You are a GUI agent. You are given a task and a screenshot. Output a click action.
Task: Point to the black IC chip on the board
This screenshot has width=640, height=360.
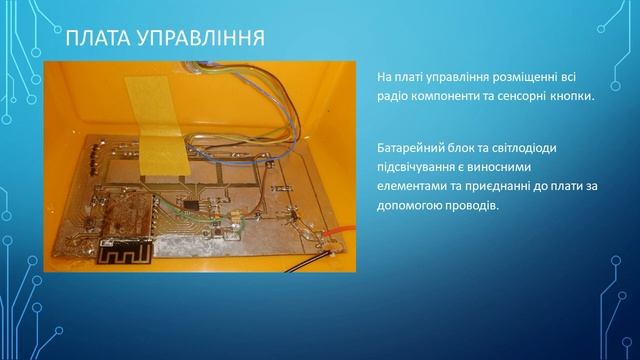(190, 204)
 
